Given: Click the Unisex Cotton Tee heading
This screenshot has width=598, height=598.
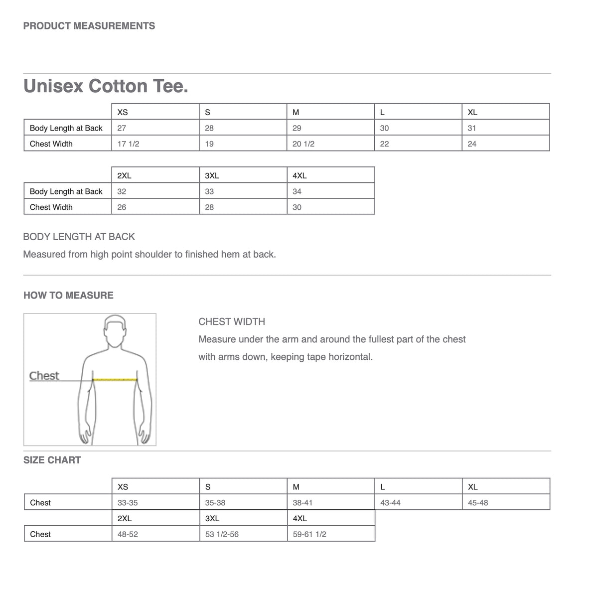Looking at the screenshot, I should [x=106, y=86].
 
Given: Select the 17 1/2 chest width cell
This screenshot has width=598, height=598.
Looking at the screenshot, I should [x=128, y=144].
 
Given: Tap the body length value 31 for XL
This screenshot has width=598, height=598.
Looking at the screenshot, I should [x=472, y=128].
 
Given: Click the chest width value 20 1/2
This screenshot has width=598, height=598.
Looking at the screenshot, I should [x=303, y=144].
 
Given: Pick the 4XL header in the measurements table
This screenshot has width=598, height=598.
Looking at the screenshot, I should [x=299, y=175].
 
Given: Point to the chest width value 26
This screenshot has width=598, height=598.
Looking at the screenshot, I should [x=122, y=207].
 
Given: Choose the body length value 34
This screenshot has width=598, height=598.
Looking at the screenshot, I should [x=297, y=191].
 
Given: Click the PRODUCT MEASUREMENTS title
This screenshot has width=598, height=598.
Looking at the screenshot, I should [x=89, y=26].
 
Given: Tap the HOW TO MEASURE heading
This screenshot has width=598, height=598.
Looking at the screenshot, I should [x=68, y=296].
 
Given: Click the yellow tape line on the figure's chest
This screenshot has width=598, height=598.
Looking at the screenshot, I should [x=115, y=379].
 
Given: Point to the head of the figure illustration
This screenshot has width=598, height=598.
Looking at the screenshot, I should [x=115, y=331].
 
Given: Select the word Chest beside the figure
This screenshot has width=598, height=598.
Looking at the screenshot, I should [x=44, y=376].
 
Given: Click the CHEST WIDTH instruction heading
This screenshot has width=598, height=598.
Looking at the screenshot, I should [x=232, y=322].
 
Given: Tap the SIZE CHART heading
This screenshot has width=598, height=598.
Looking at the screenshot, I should [x=52, y=460].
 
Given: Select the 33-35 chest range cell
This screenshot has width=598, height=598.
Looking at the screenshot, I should [x=128, y=503].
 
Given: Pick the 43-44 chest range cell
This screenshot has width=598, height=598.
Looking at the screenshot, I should [x=390, y=503].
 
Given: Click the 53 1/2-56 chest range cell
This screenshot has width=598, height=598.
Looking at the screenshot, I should [x=222, y=534].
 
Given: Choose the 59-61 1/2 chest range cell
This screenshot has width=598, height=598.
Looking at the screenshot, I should [x=309, y=534].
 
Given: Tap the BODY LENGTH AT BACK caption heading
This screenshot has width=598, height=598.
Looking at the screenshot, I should [x=79, y=237].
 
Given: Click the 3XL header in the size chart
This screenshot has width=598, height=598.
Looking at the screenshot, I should [x=212, y=518].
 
